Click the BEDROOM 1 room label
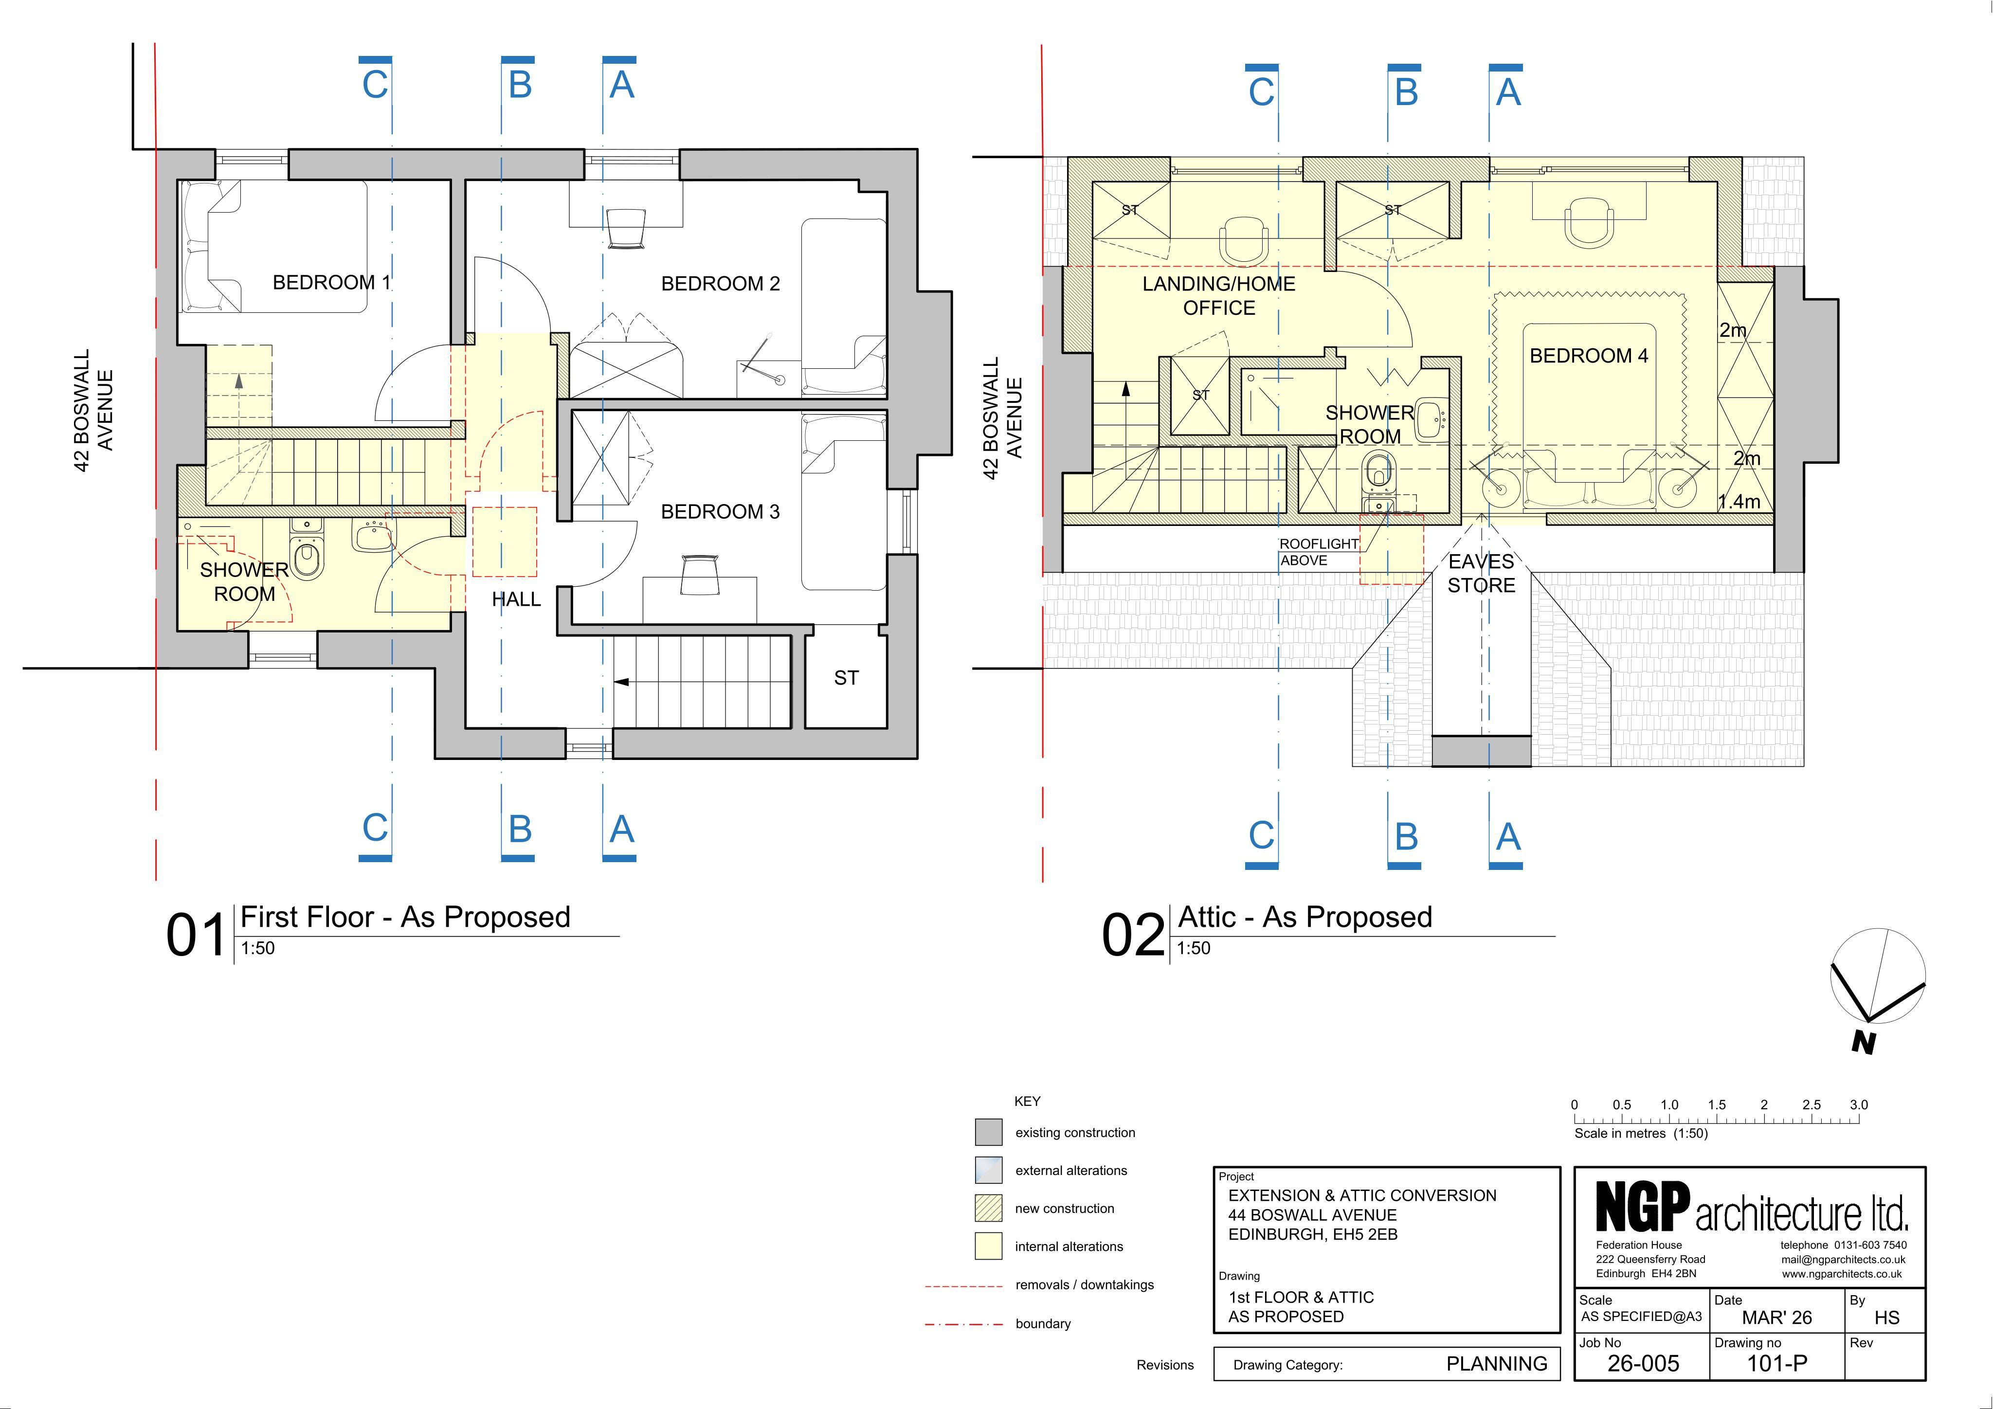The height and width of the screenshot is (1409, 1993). [x=331, y=282]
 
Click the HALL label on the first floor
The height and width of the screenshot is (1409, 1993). [x=516, y=599]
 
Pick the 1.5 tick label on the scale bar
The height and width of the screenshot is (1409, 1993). [x=1717, y=1105]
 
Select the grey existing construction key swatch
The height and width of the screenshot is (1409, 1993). [x=989, y=1132]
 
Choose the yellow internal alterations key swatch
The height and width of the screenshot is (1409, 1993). [x=989, y=1246]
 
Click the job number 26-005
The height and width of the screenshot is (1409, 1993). [x=1643, y=1363]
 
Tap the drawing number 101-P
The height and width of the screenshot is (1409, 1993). [x=1777, y=1363]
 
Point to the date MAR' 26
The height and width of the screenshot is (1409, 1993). [x=1777, y=1317]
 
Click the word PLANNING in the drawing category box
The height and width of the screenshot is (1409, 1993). [x=1497, y=1364]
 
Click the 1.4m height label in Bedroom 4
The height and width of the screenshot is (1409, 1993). [x=1739, y=501]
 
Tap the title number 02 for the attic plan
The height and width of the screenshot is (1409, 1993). [x=1133, y=936]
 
